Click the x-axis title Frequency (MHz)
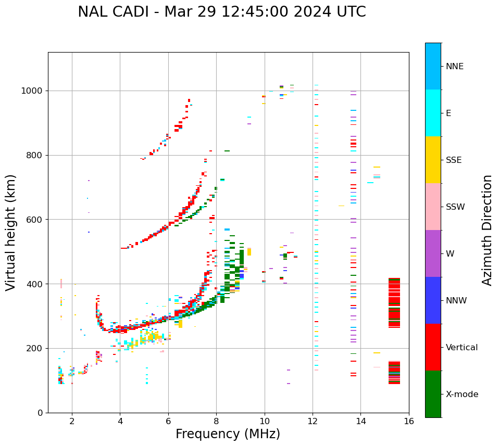coord(228,434)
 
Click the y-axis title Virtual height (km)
coord(11,232)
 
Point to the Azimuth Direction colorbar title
coord(487,230)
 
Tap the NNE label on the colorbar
coord(454,67)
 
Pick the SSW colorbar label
coord(455,207)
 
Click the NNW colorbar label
coord(456,301)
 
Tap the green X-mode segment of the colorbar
coord(433,394)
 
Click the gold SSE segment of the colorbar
coord(433,160)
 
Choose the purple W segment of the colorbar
coord(433,253)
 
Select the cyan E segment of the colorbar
coord(433,113)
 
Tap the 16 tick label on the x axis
coord(409,421)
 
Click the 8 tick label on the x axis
coord(216,421)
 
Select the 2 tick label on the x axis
coord(72,421)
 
